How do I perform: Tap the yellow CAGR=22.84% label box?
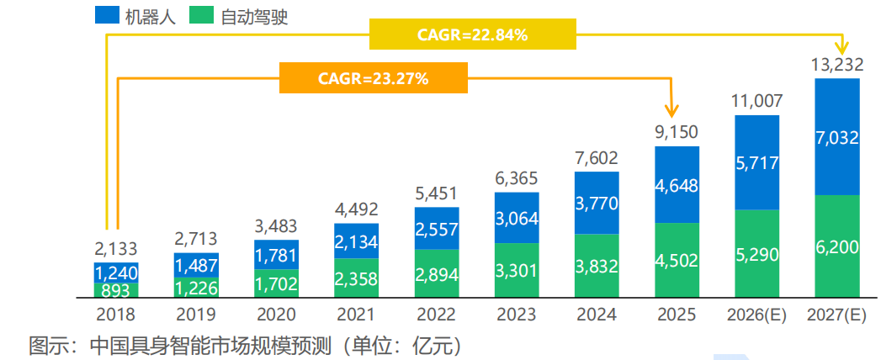coord(472,34)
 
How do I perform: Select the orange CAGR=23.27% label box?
coord(374,78)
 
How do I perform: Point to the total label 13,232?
coord(836,66)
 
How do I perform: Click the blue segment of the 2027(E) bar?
coord(836,136)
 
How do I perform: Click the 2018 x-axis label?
coord(115,315)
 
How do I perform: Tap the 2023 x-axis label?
coord(516,315)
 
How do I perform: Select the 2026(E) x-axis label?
coord(756,315)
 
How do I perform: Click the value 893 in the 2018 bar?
coord(115,289)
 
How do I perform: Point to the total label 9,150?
coord(676,132)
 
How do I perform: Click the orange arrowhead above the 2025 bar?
coord(671,109)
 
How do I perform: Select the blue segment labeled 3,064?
coord(516,217)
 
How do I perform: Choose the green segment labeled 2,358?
coord(356,278)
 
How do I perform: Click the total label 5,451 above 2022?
coord(436,193)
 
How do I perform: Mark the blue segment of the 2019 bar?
coord(196,264)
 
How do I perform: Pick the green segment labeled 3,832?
coord(596,265)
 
